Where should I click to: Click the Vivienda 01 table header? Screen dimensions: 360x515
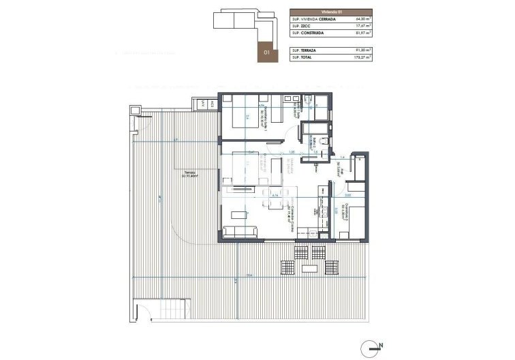(x=332, y=12)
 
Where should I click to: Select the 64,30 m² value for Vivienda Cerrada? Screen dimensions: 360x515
(x=362, y=20)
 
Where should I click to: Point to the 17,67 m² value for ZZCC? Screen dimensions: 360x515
(x=362, y=27)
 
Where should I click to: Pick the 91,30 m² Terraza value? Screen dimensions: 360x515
(x=362, y=51)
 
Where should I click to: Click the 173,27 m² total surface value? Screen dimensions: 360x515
(x=361, y=58)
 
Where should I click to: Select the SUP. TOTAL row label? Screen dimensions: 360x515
(x=303, y=58)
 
